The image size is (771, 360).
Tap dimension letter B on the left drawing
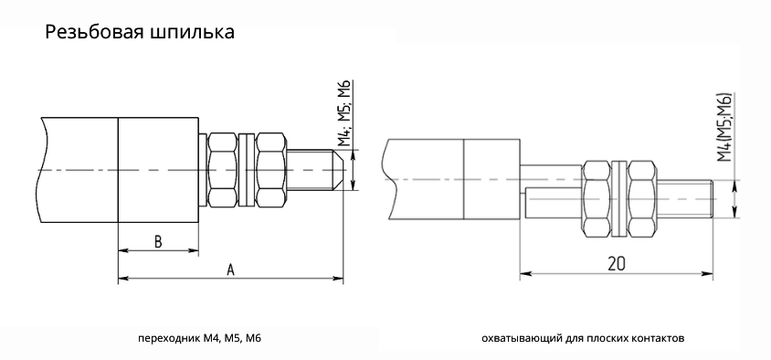[x=157, y=242]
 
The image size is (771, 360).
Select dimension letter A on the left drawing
[x=230, y=269]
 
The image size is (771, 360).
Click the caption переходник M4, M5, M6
[x=199, y=339]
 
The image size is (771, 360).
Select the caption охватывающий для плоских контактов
[x=581, y=339]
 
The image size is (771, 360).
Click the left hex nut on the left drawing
[x=225, y=170]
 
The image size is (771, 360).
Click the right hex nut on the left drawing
[x=271, y=170]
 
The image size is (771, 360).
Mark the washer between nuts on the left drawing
[x=248, y=170]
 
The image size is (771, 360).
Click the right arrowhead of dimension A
[x=338, y=278]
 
